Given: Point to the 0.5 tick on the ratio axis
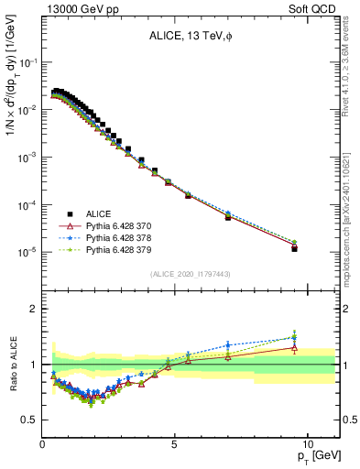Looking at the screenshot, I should coord(31,420).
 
